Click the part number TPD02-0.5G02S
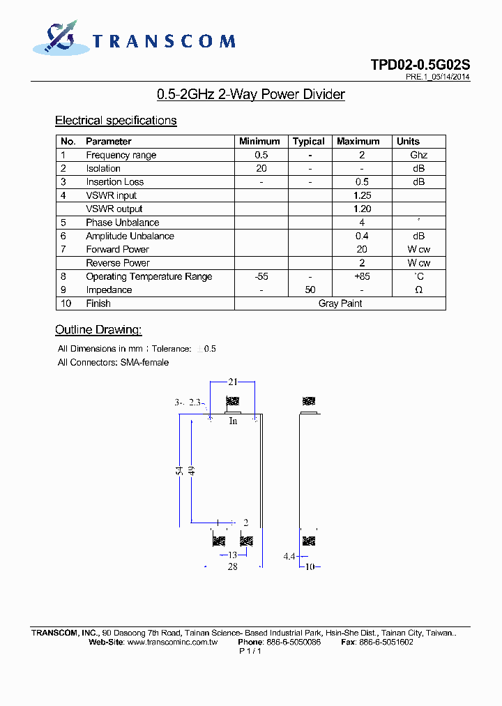[x=420, y=65]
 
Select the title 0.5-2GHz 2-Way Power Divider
[x=251, y=94]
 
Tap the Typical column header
[x=309, y=142]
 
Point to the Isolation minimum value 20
[x=261, y=169]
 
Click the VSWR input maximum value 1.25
[x=362, y=196]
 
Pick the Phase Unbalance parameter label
[x=122, y=223]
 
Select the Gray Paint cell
[x=340, y=303]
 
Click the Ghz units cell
[x=418, y=156]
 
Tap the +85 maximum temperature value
[x=362, y=277]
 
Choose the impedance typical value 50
[x=310, y=290]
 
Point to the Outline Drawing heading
[x=98, y=330]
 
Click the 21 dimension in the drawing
[x=233, y=382]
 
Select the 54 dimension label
[x=179, y=472]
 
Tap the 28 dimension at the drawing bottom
[x=233, y=567]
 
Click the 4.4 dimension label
[x=290, y=557]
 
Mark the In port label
[x=233, y=421]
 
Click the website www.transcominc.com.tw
[x=173, y=642]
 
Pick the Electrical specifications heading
[x=116, y=121]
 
